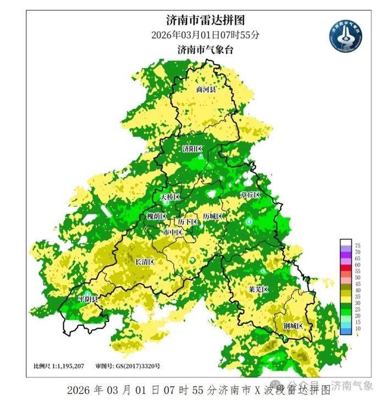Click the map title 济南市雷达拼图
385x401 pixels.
click(x=205, y=20)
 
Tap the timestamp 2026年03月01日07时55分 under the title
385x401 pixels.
click(x=205, y=35)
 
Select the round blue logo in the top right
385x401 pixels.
click(x=345, y=36)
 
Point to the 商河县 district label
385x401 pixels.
click(x=206, y=89)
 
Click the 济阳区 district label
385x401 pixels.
click(x=193, y=149)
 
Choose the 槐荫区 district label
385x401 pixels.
click(x=157, y=216)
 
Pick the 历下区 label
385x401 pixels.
click(x=187, y=221)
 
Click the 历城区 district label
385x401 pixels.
click(x=212, y=216)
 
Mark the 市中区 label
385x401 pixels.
click(x=173, y=232)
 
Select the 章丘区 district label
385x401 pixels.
click(x=249, y=195)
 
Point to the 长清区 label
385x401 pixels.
click(x=145, y=262)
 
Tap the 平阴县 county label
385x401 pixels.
click(x=87, y=299)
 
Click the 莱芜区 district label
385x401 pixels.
click(x=257, y=289)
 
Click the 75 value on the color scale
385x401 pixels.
click(x=357, y=245)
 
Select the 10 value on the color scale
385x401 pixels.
click(x=357, y=328)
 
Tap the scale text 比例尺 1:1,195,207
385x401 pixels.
click(x=59, y=366)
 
